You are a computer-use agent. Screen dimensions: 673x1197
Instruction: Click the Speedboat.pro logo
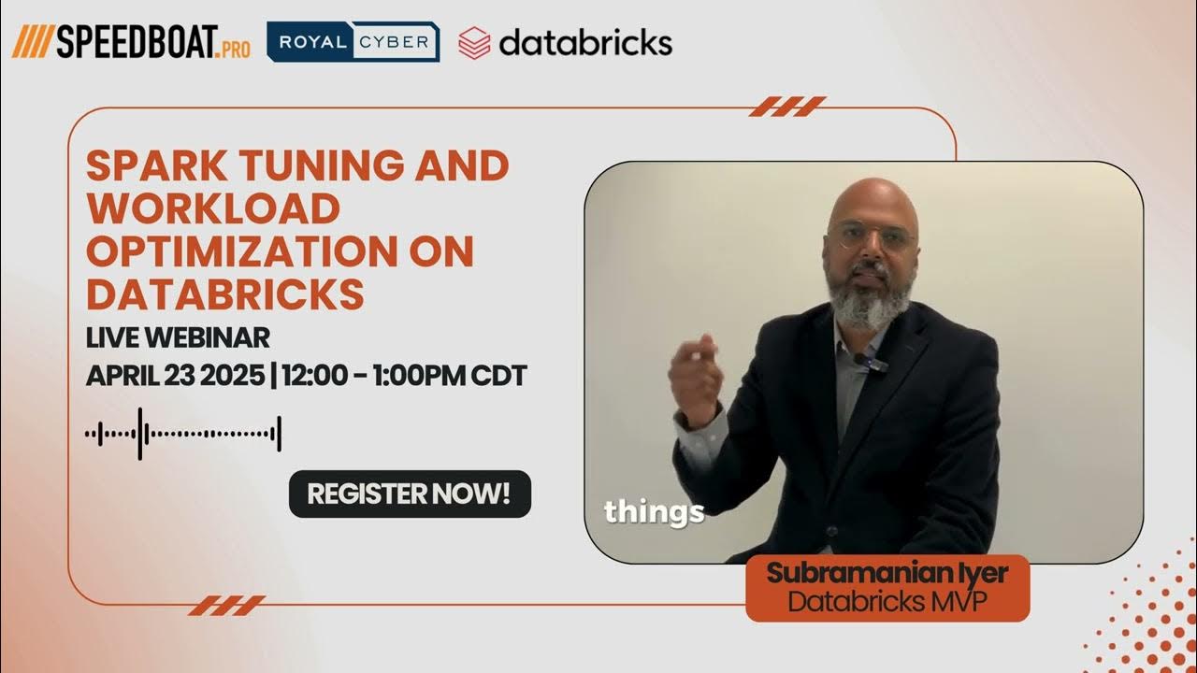131,42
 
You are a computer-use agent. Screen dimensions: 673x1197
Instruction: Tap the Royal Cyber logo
353,42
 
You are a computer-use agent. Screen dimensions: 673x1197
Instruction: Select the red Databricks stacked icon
474,43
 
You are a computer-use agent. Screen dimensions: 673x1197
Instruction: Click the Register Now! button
410,494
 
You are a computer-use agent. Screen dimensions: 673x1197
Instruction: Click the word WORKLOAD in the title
212,209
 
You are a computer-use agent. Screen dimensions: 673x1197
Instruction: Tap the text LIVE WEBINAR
178,336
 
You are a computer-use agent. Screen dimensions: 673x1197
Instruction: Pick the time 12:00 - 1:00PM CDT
404,376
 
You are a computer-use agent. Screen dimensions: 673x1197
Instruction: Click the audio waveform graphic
183,434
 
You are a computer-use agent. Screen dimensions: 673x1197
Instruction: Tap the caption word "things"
654,511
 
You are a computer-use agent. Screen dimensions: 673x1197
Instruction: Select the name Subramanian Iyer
887,573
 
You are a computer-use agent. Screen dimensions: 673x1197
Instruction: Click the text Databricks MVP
887,601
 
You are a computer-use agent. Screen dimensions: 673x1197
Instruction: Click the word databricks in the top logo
584,42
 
